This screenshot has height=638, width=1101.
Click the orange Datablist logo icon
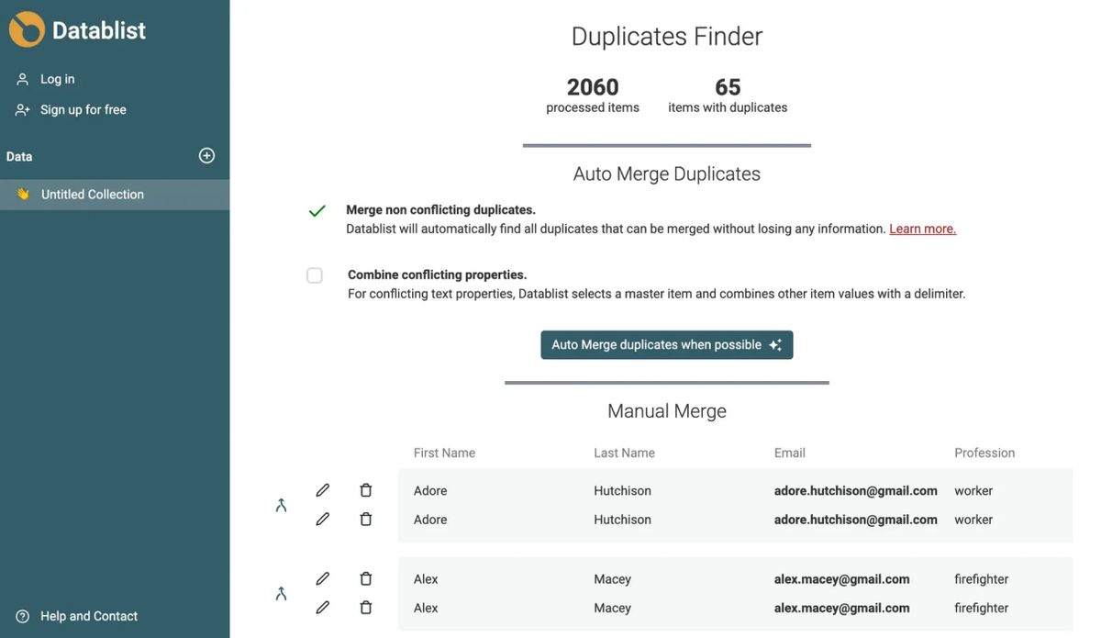click(27, 29)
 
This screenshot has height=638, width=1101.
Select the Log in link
click(57, 79)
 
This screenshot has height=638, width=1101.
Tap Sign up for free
click(83, 109)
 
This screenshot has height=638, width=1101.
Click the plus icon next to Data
click(206, 156)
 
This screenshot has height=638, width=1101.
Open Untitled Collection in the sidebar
click(93, 195)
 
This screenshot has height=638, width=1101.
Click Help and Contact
click(88, 616)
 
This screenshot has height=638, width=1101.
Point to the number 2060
click(593, 87)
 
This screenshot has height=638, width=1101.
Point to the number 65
click(728, 87)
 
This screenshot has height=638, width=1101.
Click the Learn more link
click(923, 229)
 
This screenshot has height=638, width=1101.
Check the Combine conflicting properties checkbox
click(315, 275)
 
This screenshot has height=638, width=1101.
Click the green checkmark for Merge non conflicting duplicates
click(317, 210)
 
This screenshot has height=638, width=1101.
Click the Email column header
click(789, 453)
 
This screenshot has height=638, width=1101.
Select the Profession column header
click(984, 453)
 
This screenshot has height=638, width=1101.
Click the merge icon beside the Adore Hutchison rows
click(281, 505)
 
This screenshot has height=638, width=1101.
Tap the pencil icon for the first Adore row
click(322, 490)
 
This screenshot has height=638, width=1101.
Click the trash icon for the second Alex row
click(366, 608)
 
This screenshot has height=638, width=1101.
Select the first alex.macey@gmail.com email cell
click(841, 579)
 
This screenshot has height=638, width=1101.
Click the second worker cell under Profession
click(973, 520)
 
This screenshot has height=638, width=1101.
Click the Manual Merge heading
click(666, 410)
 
